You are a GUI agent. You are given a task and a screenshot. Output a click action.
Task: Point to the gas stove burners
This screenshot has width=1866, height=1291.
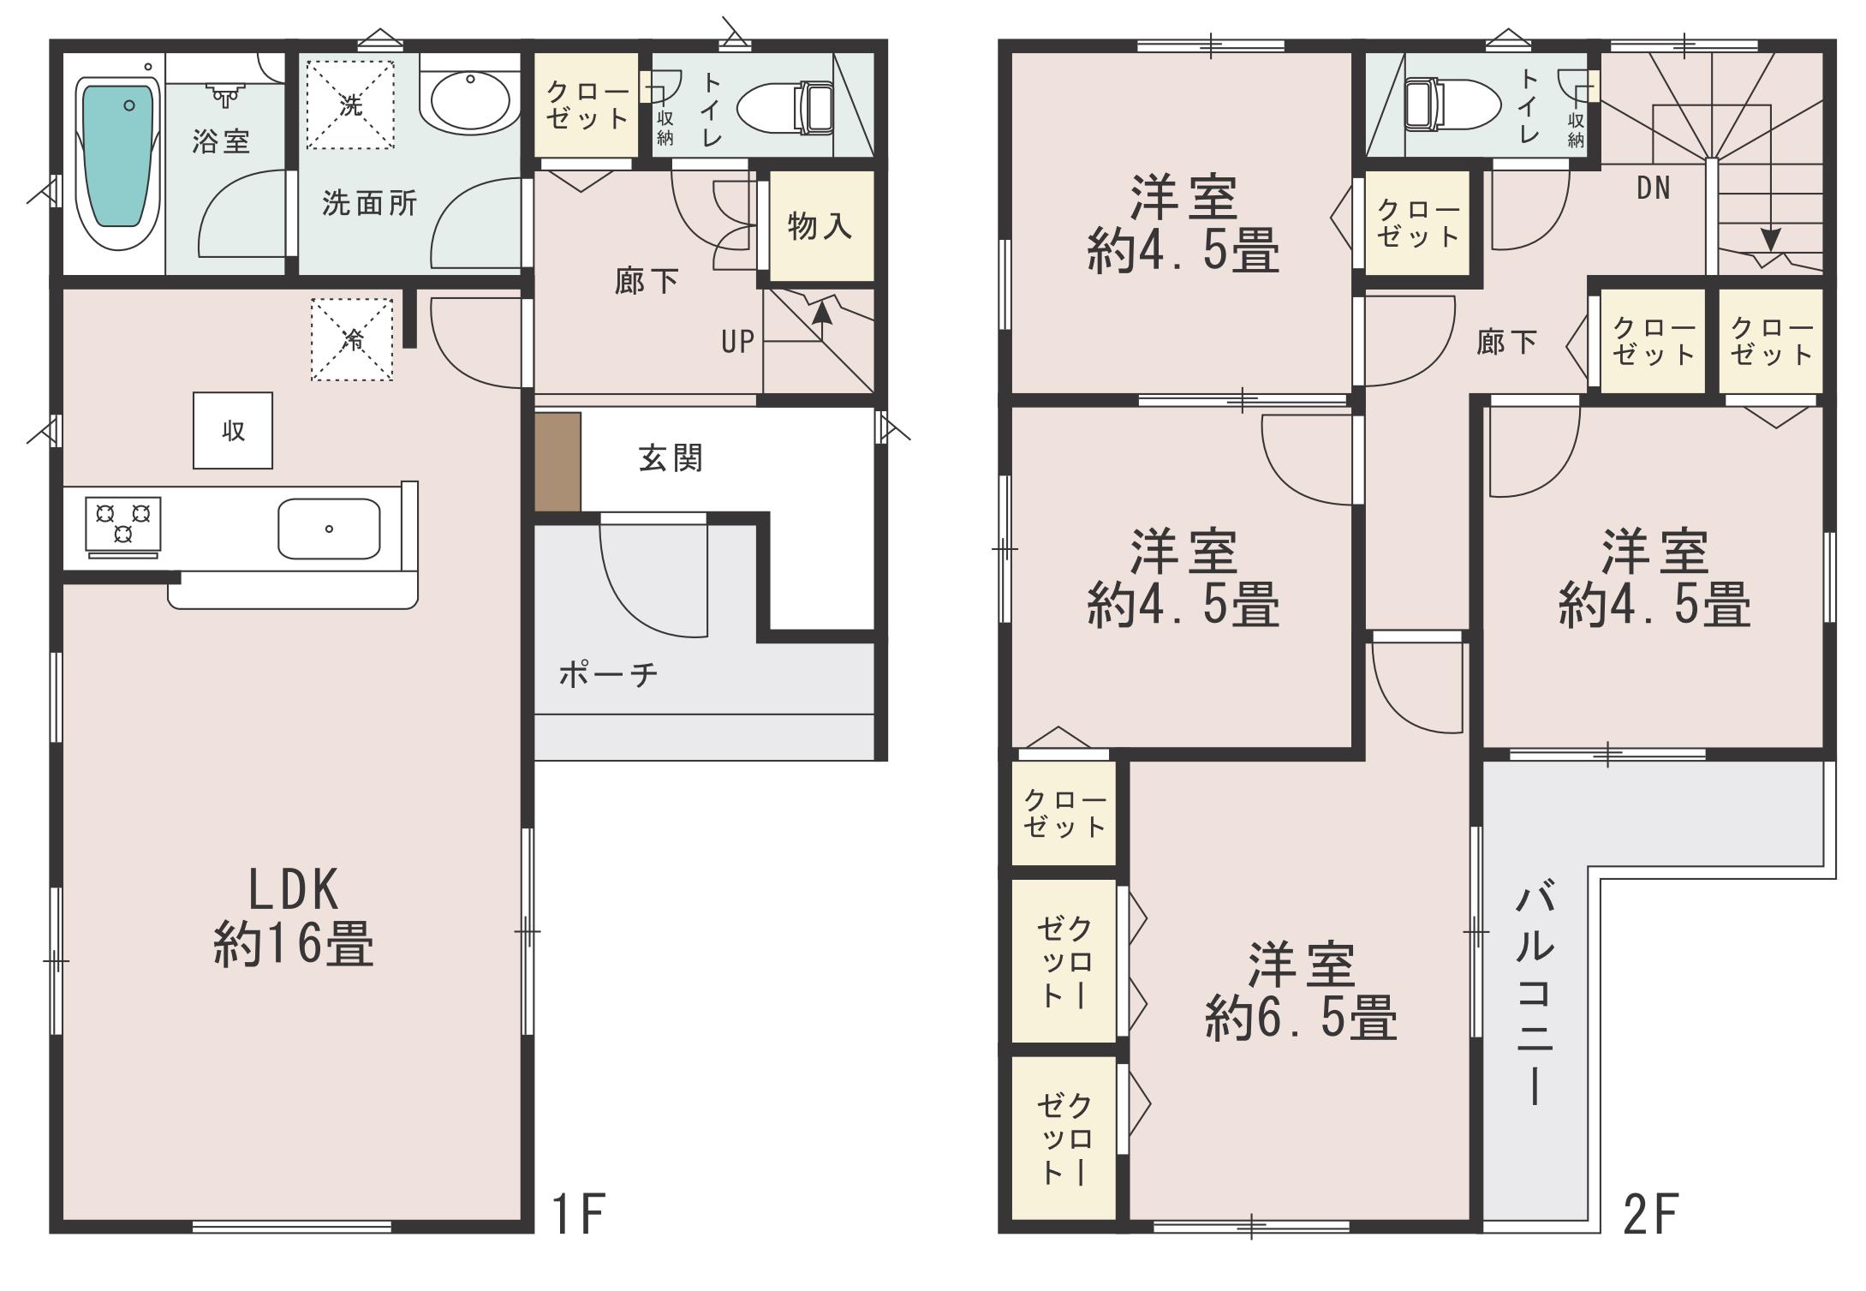click(123, 525)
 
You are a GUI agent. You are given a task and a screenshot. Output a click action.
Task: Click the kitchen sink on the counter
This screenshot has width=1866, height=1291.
click(329, 529)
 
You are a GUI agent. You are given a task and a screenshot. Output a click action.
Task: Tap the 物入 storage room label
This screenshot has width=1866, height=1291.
click(820, 226)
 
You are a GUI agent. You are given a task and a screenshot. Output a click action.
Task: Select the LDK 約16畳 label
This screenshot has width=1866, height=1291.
click(293, 917)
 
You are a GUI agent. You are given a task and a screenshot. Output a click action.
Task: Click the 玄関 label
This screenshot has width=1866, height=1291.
click(671, 458)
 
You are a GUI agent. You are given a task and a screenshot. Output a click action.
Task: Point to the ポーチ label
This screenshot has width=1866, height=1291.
click(609, 675)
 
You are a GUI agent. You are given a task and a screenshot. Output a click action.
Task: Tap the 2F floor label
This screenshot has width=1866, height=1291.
click(1650, 1214)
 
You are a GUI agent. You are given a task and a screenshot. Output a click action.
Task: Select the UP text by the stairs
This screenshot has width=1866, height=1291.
click(737, 343)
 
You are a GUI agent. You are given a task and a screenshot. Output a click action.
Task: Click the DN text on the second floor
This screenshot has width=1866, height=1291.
click(1653, 188)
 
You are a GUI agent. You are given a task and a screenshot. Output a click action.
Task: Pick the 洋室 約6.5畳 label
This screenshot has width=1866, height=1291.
click(1301, 992)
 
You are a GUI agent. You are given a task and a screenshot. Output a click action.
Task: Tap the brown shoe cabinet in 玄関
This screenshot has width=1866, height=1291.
click(558, 462)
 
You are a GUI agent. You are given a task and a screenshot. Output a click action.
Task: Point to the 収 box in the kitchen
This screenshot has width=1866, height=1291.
click(233, 431)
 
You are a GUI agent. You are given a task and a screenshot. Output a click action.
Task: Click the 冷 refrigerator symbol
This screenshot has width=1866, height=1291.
click(352, 339)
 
